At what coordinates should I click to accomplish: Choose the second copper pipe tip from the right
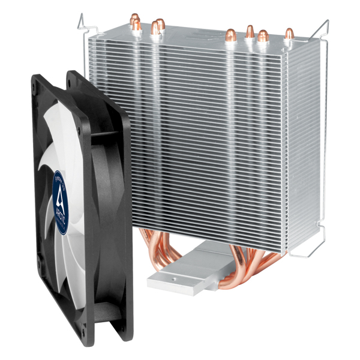(263, 36)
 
